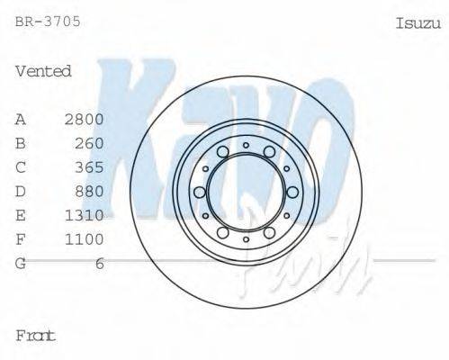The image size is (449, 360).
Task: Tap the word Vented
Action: (x=43, y=71)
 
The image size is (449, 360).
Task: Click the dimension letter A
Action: (x=21, y=119)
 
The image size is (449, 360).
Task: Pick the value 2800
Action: (x=85, y=119)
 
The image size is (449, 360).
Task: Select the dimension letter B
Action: (x=21, y=143)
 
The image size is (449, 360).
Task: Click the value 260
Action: (x=90, y=143)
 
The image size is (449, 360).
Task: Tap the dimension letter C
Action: (x=21, y=167)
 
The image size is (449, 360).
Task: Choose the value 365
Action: (x=90, y=167)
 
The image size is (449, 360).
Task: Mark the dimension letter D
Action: (x=21, y=191)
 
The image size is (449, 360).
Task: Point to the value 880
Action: (x=90, y=191)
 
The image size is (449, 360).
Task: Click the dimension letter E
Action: (x=21, y=215)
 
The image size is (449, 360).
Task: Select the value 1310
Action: (x=85, y=215)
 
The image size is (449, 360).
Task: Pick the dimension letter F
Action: (x=21, y=238)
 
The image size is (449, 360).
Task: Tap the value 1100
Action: (x=85, y=238)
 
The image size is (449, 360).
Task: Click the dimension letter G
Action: (x=21, y=263)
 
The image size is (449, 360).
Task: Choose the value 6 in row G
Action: (x=100, y=263)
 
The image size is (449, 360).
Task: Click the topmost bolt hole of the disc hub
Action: (x=246, y=143)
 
